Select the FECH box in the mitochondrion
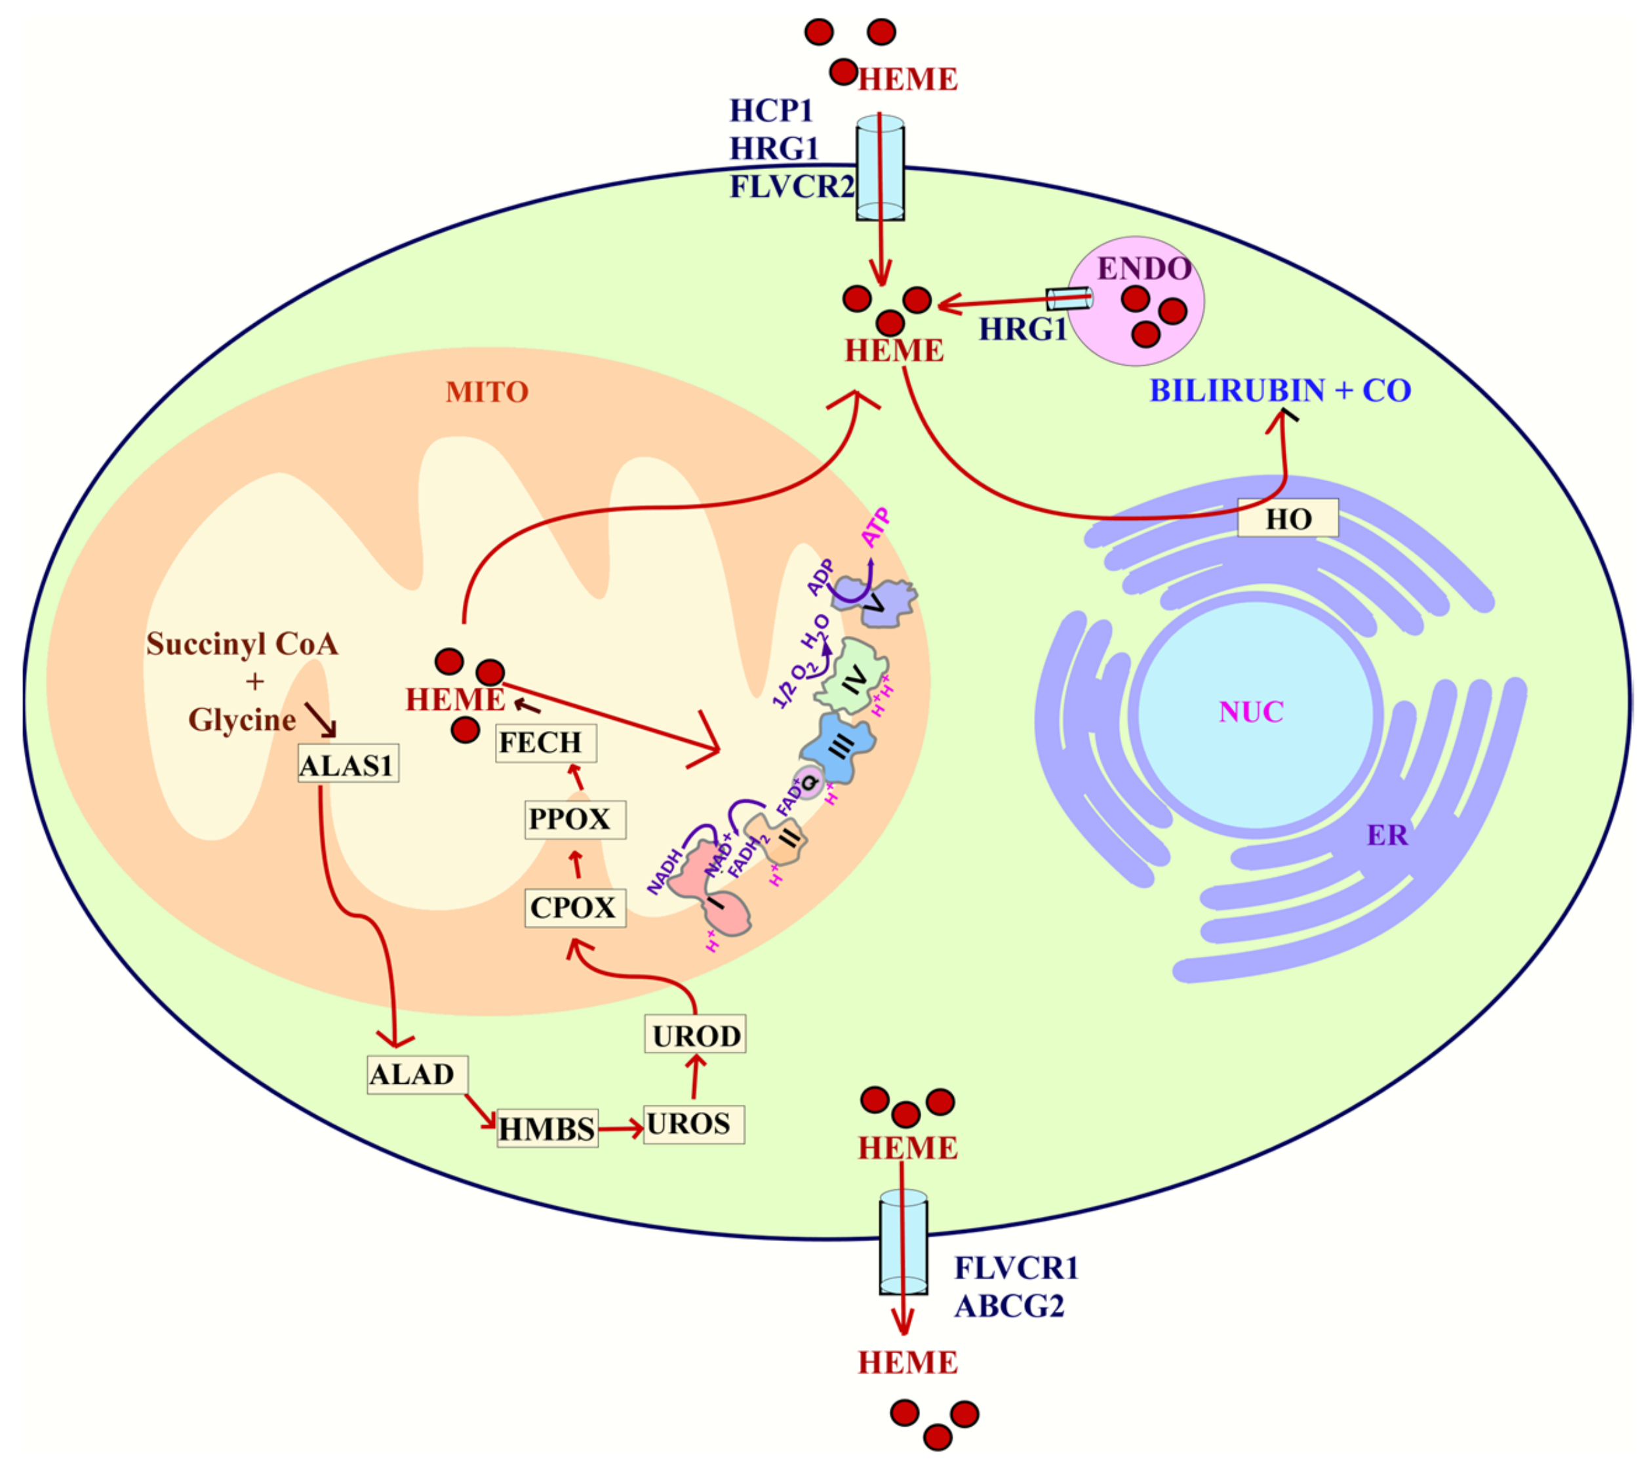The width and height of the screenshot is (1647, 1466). pyautogui.click(x=546, y=742)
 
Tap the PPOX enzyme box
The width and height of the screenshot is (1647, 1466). pyautogui.click(x=574, y=820)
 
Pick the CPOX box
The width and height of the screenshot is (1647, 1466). pyautogui.click(x=574, y=908)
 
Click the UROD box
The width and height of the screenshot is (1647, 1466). pyautogui.click(x=694, y=1035)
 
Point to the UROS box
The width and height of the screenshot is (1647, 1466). pyautogui.click(x=693, y=1124)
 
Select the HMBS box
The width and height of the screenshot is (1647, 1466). pyautogui.click(x=547, y=1128)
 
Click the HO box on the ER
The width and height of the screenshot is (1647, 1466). pyautogui.click(x=1288, y=518)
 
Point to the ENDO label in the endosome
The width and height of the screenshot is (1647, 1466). pyautogui.click(x=1144, y=268)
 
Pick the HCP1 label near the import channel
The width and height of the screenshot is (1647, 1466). pyautogui.click(x=771, y=110)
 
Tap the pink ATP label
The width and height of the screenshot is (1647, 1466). pyautogui.click(x=876, y=528)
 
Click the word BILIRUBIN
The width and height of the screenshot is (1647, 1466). pyautogui.click(x=1236, y=390)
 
